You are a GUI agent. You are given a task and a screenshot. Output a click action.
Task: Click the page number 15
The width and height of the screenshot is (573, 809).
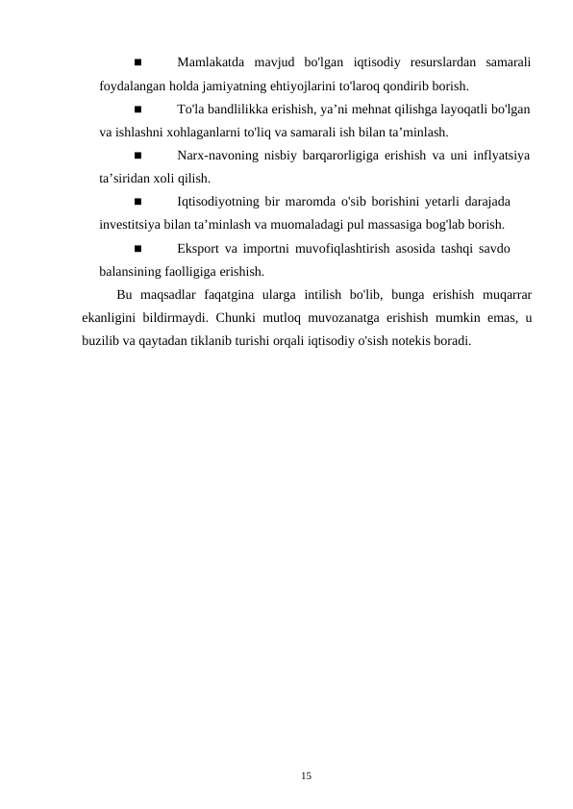pos(306,773)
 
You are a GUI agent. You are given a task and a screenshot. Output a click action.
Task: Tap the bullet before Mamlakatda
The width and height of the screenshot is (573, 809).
pos(137,63)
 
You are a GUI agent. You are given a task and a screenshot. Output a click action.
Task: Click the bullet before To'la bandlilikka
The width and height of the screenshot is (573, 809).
pos(137,110)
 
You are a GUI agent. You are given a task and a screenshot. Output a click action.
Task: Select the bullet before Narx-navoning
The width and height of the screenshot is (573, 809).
pos(137,156)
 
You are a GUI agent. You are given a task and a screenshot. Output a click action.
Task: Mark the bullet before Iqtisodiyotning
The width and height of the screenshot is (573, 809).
pos(137,202)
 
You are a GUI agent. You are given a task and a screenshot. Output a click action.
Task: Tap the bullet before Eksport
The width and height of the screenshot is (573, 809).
pos(137,248)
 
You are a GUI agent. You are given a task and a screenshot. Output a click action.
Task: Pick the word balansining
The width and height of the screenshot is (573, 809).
pos(133,270)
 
